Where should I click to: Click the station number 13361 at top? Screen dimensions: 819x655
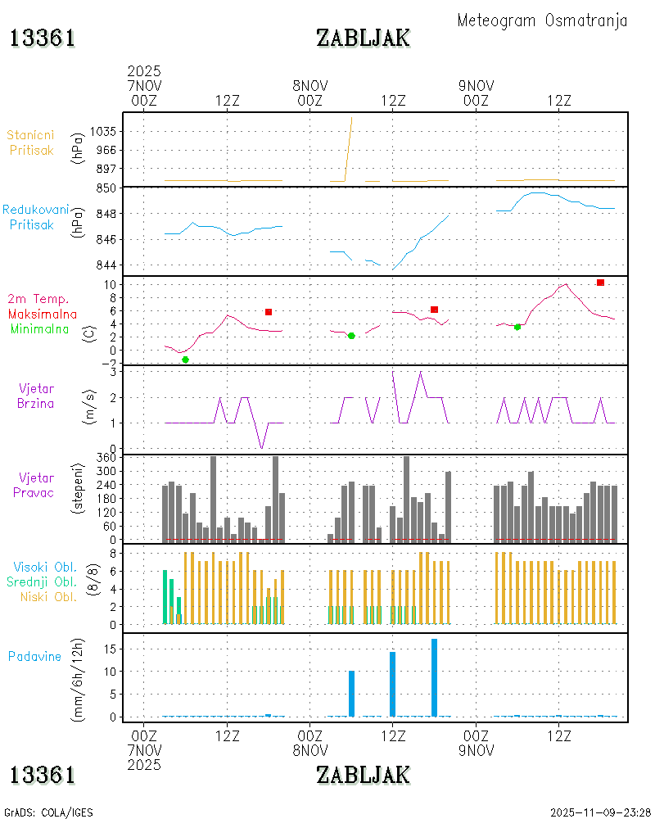(x=43, y=38)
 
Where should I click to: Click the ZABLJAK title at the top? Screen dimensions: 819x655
(x=363, y=38)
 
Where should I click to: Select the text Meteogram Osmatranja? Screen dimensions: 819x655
(x=542, y=20)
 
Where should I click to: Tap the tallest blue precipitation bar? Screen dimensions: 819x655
(x=434, y=677)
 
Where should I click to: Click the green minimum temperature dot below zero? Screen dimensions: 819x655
(x=185, y=360)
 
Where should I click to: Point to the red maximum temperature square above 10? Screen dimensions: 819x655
(x=600, y=283)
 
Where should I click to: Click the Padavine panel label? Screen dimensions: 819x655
(x=34, y=656)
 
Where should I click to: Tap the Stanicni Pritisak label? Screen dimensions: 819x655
(x=31, y=142)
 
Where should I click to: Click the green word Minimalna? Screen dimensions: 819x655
(x=43, y=329)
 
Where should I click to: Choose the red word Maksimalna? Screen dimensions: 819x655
(x=43, y=314)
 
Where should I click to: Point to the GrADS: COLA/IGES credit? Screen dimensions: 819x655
(x=48, y=812)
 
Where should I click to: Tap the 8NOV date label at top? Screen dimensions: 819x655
(x=310, y=85)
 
